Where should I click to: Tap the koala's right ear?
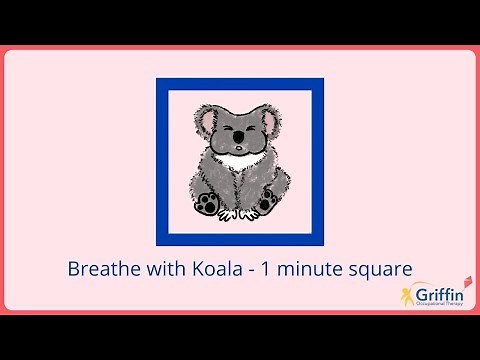click(x=273, y=116)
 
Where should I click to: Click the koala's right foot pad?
click(x=269, y=204)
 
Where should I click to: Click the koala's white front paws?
click(x=240, y=212)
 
